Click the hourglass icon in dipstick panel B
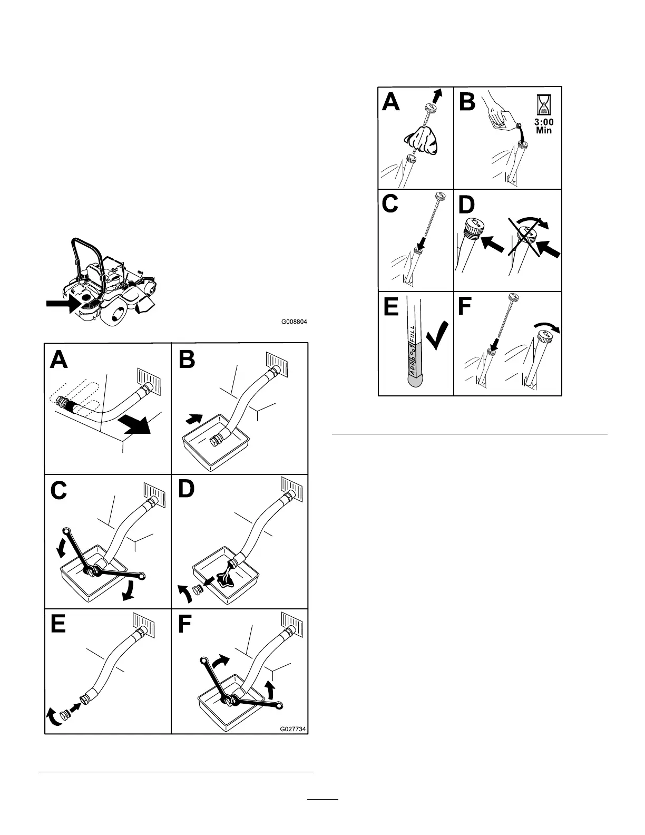coord(543,105)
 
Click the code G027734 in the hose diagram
coord(294,729)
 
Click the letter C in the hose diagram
coord(58,490)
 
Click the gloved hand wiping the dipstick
coord(421,141)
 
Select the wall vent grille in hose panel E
coord(144,625)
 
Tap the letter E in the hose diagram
coord(58,624)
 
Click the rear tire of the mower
coord(115,310)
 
